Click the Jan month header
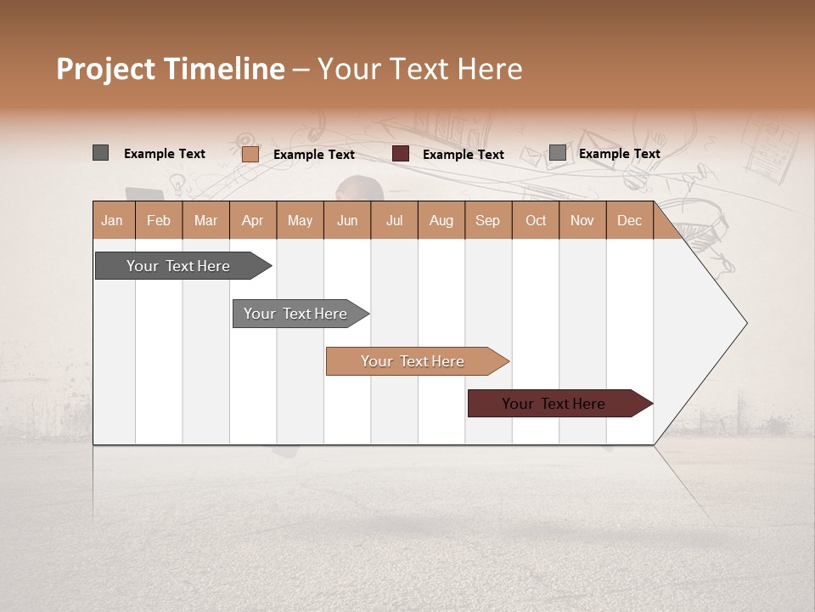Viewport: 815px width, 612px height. [113, 220]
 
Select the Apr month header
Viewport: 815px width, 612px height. [252, 220]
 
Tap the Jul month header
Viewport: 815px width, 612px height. [394, 220]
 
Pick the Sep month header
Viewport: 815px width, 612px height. [487, 220]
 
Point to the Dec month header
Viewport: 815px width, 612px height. [629, 220]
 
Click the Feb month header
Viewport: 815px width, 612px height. [159, 220]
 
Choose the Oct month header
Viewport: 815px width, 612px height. [536, 220]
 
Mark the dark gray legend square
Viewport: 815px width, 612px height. [100, 153]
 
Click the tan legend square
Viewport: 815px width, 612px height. [250, 154]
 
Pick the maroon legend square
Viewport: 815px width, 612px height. [401, 154]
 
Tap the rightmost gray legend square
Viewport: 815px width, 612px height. [557, 153]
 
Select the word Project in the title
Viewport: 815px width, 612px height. [105, 70]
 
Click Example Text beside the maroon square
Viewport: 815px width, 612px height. [463, 155]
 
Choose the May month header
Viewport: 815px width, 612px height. [300, 220]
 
